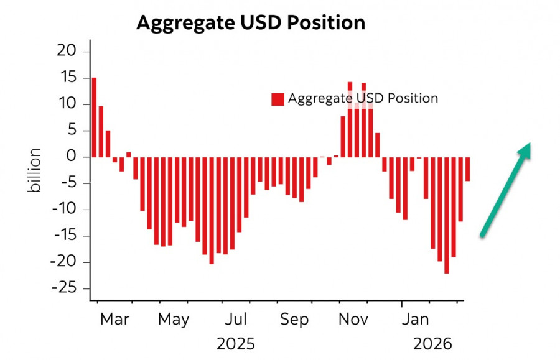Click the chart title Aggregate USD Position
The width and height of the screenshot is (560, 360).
click(x=250, y=22)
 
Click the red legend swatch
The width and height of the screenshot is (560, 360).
click(x=278, y=99)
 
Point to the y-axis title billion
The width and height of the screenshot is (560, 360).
click(x=35, y=170)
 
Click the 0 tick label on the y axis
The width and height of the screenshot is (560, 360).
click(x=72, y=157)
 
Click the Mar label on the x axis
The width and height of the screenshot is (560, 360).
click(x=115, y=320)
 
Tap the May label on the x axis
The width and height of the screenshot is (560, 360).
click(x=174, y=320)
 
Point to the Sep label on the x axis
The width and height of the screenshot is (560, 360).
click(x=294, y=320)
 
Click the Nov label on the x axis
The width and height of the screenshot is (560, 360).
click(x=353, y=320)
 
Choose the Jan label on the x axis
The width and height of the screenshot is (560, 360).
click(x=415, y=320)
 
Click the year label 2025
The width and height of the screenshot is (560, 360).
click(x=236, y=343)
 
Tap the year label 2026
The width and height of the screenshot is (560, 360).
click(x=433, y=343)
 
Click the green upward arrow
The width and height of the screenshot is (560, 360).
click(x=505, y=189)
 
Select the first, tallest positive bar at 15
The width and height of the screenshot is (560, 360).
click(x=94, y=118)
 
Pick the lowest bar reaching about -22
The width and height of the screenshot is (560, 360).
click(x=447, y=215)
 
